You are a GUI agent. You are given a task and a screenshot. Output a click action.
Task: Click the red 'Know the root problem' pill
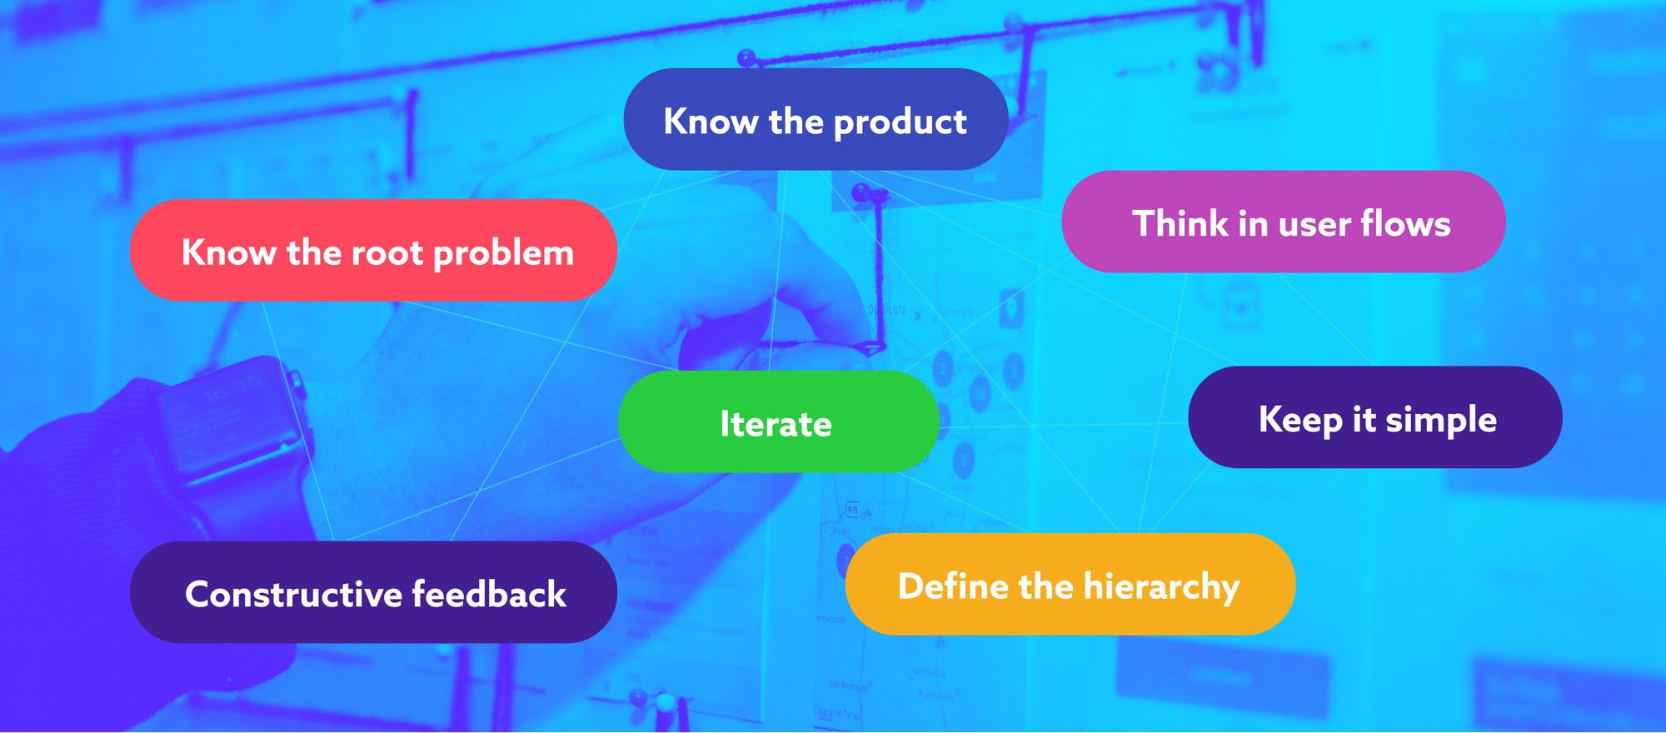tap(373, 250)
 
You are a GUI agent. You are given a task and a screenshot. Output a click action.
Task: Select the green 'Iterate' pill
tap(779, 421)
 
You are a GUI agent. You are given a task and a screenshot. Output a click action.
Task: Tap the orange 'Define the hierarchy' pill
tap(1070, 584)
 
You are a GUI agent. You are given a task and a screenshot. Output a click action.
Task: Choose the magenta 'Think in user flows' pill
tap(1284, 222)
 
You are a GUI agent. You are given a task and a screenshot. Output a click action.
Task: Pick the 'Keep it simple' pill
tap(1375, 416)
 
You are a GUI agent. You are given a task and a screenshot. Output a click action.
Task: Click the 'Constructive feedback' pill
tap(373, 591)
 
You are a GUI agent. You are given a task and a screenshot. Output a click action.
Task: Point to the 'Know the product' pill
tap(816, 119)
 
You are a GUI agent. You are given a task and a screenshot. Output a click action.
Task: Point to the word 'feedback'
tap(489, 594)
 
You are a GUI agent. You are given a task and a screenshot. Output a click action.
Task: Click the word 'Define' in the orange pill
tap(953, 586)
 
